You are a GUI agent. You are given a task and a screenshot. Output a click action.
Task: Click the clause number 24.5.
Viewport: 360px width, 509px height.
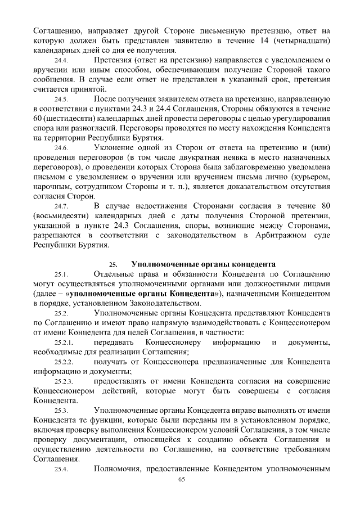(x=61, y=99)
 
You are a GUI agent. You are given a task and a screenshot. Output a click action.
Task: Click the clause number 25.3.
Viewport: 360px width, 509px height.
(x=61, y=411)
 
